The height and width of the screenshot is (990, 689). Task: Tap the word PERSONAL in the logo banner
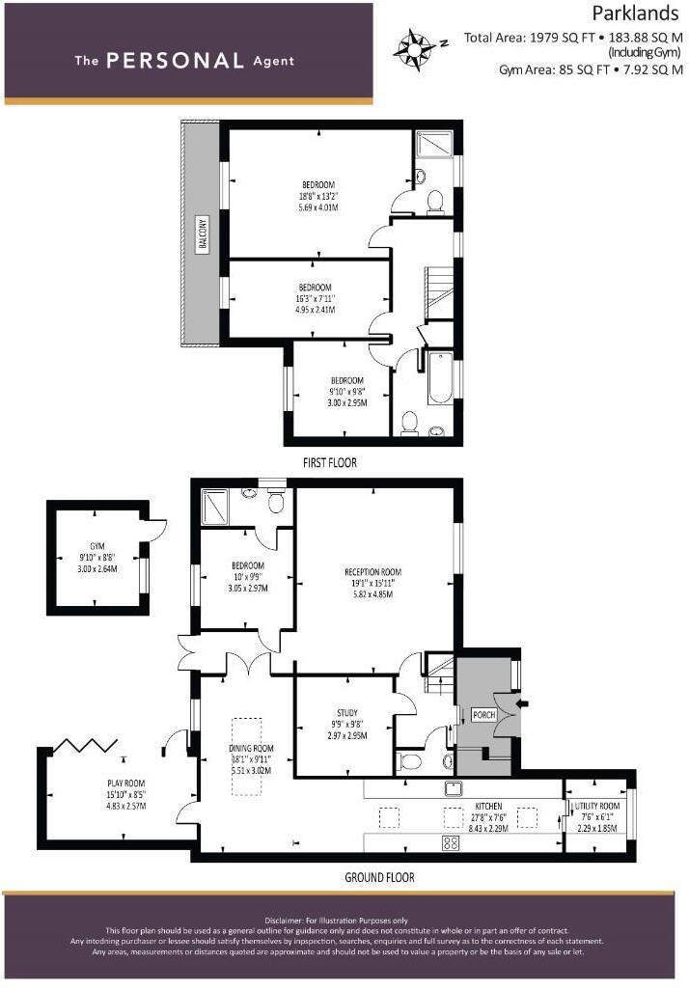click(175, 61)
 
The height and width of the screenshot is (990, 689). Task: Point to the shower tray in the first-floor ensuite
click(428, 146)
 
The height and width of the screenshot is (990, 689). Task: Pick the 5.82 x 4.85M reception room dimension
click(372, 594)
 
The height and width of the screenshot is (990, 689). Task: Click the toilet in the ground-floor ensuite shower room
click(276, 502)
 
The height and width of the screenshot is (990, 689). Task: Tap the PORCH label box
click(483, 715)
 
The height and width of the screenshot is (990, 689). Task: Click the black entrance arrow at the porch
click(523, 704)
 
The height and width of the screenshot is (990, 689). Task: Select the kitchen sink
click(451, 788)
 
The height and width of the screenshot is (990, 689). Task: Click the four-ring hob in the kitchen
click(451, 842)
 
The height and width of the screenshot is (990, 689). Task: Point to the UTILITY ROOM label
click(595, 805)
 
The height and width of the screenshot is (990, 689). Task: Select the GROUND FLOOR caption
click(379, 877)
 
